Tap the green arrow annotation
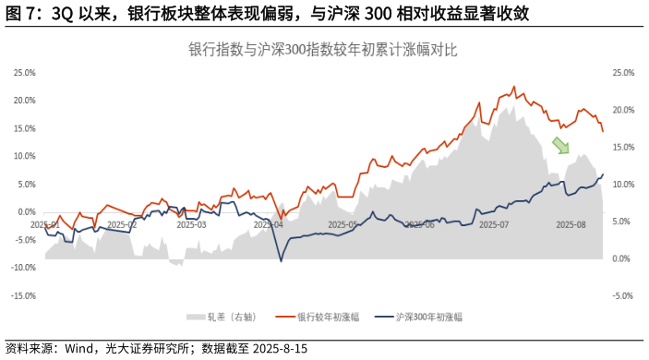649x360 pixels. coord(560,145)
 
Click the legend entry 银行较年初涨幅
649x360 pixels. coord(324,317)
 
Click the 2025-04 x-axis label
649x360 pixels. coord(269,224)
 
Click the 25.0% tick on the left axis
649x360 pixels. coord(24,72)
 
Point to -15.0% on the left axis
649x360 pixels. coord(24,296)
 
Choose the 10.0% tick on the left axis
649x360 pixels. coord(24,156)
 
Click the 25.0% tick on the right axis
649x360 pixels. coord(624,72)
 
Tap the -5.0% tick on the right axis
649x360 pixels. coord(624,296)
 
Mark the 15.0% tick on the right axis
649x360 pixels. coord(624,147)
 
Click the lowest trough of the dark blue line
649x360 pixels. coord(282,261)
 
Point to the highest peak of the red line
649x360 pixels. coord(513,87)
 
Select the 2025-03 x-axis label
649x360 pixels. coord(192,224)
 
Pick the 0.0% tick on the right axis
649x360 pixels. coord(624,258)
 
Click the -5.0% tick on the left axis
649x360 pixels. coord(24,240)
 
